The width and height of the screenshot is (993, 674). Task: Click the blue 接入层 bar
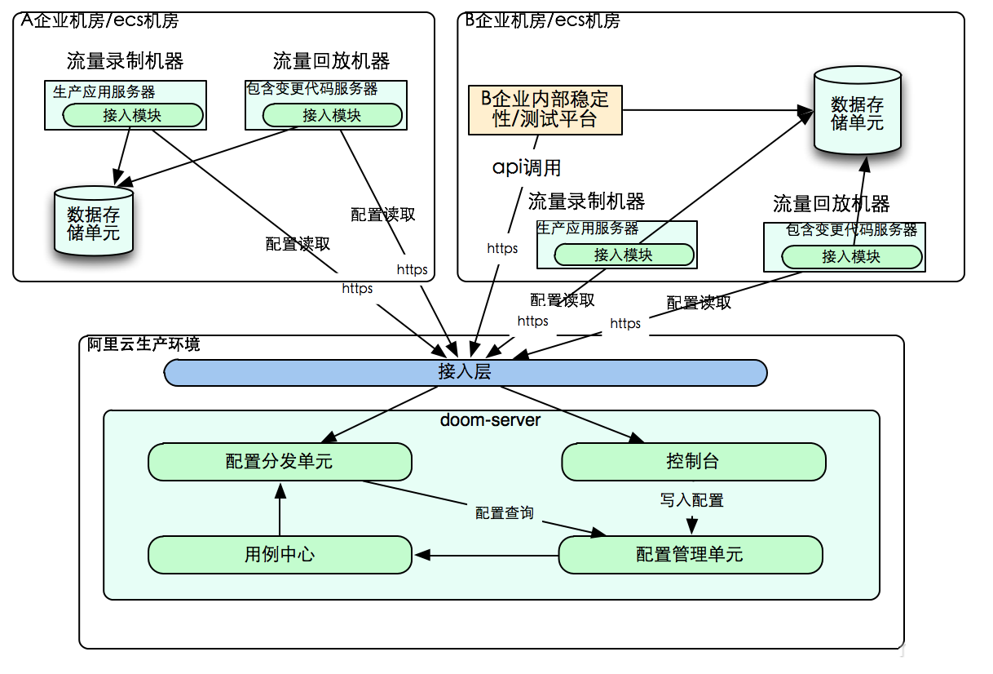pos(465,373)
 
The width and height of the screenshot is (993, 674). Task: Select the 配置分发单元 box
pos(279,462)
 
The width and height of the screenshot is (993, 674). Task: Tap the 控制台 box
pos(693,462)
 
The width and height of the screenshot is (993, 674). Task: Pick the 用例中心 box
pos(279,555)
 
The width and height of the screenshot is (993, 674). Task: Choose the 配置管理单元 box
pos(690,555)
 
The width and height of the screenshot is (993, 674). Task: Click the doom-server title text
pos(490,420)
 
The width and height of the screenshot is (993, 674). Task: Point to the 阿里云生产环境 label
pos(143,344)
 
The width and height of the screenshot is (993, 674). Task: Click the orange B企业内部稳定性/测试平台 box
pos(545,109)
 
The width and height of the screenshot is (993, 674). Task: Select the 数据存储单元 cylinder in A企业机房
pos(93,223)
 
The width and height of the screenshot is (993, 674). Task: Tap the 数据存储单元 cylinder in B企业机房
pos(857,113)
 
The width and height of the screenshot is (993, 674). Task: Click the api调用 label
pos(527,168)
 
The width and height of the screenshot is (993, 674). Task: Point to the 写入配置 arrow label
pos(691,500)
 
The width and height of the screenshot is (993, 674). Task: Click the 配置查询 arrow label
pos(505,512)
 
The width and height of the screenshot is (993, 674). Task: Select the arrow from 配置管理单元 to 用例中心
pos(486,556)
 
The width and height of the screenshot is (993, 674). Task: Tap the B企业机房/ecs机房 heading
pos(542,20)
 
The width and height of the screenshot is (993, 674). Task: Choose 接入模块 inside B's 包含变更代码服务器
pos(851,257)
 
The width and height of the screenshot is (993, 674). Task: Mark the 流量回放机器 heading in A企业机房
pos(331,61)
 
